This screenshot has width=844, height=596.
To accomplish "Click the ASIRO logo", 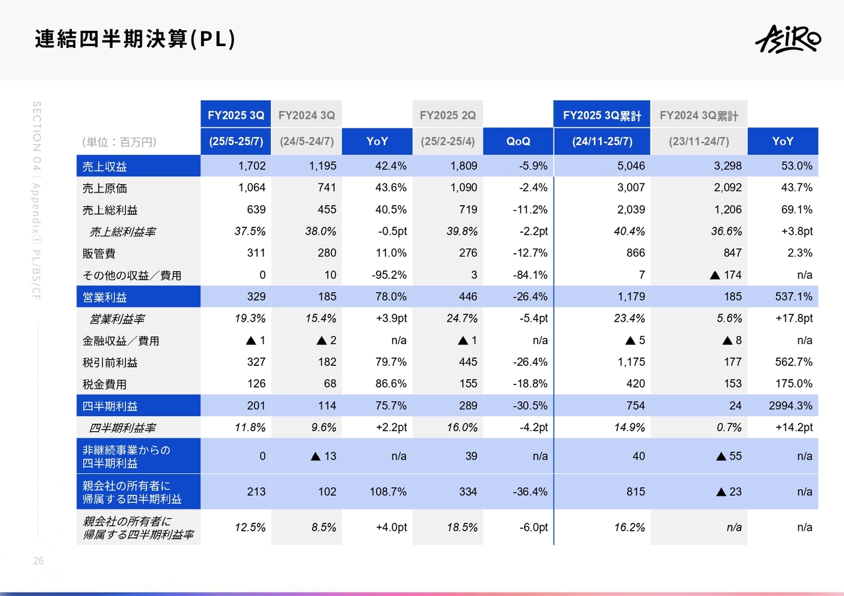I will (788, 40).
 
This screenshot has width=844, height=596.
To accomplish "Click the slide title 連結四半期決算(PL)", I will (135, 40).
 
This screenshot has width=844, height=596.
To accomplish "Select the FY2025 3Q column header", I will (235, 115).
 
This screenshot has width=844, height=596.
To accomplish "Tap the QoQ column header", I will (518, 141).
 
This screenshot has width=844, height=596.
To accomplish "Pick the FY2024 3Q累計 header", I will (699, 115).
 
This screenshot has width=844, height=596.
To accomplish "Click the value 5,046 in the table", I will (632, 166).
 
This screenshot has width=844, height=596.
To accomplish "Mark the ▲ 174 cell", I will (725, 275).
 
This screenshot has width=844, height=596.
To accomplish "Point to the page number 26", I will (38, 561).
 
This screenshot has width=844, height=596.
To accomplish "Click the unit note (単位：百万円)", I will (119, 142).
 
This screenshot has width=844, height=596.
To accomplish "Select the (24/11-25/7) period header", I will (602, 141).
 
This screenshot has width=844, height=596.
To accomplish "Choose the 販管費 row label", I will (96, 253).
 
